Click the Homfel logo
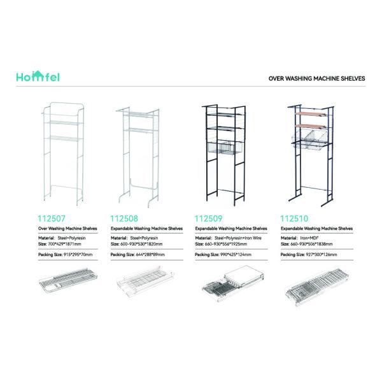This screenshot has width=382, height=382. pyautogui.click(x=39, y=76)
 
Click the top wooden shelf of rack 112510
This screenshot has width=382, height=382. pyautogui.click(x=311, y=113)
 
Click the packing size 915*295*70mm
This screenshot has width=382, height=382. pyautogui.click(x=75, y=254)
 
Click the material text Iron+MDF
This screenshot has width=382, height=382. pyautogui.click(x=313, y=237)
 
